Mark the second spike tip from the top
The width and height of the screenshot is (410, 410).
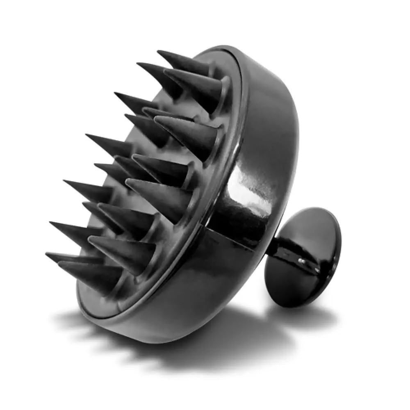pos(137,64)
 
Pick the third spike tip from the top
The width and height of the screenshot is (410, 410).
pos(115,93)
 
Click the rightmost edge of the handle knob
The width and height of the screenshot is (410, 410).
pos(340,246)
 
